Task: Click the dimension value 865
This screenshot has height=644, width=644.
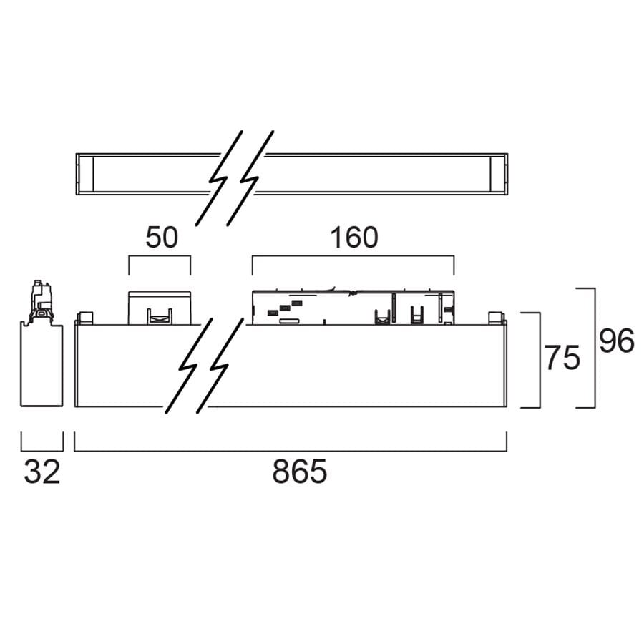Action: (299, 472)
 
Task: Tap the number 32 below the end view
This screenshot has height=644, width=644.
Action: (42, 472)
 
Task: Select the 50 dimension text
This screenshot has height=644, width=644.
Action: (162, 238)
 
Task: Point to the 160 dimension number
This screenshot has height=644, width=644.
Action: (354, 238)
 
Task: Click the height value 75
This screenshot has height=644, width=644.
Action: (562, 358)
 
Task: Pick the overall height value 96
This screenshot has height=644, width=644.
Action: (617, 341)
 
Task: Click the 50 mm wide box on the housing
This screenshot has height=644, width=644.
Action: (160, 308)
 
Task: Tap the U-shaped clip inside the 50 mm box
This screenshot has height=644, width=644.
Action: (160, 316)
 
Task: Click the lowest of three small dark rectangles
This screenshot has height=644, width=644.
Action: (273, 313)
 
